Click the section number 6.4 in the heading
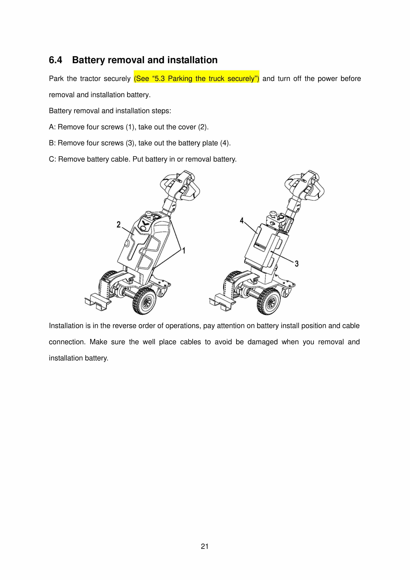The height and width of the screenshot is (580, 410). click(55, 60)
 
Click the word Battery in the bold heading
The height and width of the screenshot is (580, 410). click(88, 60)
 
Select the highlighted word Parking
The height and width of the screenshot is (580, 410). click(180, 79)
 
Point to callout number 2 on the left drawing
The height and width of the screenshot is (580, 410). click(118, 224)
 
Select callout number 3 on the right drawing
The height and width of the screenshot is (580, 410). click(296, 263)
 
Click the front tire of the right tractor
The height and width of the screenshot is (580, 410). click(269, 301)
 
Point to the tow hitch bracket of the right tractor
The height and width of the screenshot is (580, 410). click(221, 302)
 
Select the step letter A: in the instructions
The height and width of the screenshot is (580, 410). click(52, 127)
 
